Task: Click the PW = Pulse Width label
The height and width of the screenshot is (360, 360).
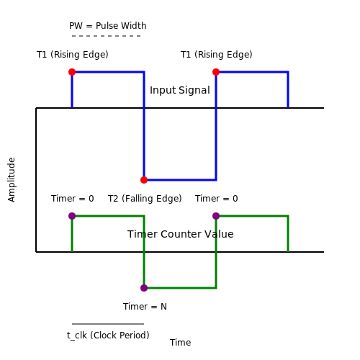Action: point(108,26)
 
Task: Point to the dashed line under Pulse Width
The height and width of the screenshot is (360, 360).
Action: point(107,36)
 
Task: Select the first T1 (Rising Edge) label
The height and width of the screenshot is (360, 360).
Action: point(73,55)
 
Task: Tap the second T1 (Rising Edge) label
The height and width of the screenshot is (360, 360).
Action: point(217,55)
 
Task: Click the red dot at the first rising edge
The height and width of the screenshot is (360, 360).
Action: point(72,72)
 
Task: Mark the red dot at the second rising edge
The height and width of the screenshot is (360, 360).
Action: point(216,72)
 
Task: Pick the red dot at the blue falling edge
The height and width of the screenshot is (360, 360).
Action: point(144,180)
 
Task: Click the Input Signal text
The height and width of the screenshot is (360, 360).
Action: point(180,90)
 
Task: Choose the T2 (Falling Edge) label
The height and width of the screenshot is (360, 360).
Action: point(145,199)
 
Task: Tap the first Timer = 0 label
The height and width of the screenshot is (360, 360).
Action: point(73,199)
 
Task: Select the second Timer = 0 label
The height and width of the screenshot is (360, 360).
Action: point(217,199)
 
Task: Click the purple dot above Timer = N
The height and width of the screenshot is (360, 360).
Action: point(144,288)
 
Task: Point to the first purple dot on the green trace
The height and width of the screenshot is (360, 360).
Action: point(72,216)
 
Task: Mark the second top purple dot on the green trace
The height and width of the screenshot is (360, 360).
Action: point(216,216)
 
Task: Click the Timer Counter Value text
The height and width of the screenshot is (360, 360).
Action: point(181,234)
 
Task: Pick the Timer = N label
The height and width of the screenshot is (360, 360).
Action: point(145,307)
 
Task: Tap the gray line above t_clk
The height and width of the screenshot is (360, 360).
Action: point(108,324)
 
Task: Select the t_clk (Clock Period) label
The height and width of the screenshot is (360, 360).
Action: point(108,336)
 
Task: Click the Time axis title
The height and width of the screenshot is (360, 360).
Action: point(181,343)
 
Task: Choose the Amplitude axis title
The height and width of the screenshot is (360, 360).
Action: point(12,180)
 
